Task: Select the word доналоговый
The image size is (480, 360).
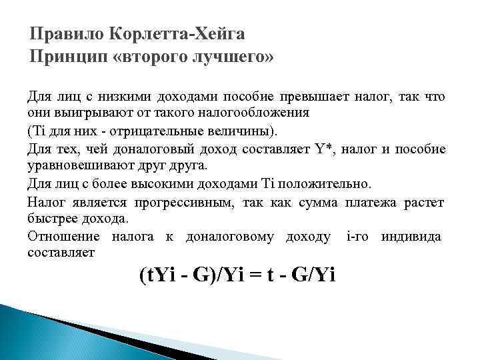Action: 153,147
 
